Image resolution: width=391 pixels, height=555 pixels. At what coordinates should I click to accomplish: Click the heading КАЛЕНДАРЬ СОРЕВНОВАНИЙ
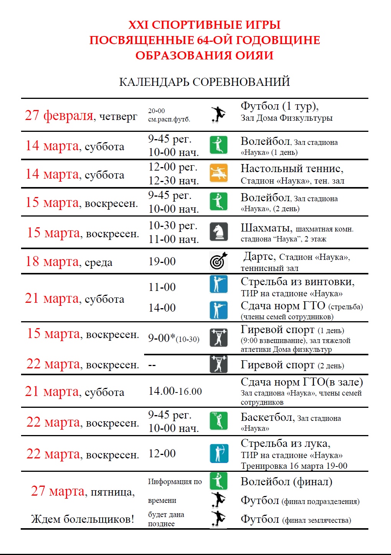pos(204,82)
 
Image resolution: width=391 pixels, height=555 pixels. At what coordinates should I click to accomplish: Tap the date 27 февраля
pos(59,115)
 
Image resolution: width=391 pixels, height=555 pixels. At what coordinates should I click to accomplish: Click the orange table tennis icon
pos(219,173)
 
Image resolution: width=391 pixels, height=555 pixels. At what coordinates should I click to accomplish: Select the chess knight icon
pos(219,232)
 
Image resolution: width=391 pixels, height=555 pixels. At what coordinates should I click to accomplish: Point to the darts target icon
pos(219,261)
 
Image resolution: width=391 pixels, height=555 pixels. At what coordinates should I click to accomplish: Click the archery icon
pos(219,453)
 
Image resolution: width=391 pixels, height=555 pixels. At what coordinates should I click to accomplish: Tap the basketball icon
pos(219,420)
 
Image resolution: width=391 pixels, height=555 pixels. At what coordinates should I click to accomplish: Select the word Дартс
pos(259,256)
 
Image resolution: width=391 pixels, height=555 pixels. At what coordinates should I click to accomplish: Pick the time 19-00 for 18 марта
pos(162,261)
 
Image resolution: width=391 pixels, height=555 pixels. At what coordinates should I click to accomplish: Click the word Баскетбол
pos(267,417)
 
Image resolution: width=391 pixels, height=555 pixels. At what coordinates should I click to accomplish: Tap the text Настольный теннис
pos(291,169)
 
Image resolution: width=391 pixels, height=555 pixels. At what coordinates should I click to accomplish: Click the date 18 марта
pos(52,262)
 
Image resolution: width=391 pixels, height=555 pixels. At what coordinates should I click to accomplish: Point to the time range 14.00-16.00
pos(175,391)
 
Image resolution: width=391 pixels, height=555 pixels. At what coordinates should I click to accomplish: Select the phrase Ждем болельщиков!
pos(82,519)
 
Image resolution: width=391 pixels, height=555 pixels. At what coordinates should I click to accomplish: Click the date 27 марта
pos(58,491)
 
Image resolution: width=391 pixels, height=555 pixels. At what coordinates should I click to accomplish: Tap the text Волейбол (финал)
pos(286,482)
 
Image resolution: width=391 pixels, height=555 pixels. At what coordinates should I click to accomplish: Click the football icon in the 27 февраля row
pos(218,114)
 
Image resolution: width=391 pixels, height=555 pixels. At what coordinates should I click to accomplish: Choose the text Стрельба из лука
pos(285,443)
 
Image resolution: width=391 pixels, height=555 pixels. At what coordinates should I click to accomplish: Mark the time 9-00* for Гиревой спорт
pos(161,338)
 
